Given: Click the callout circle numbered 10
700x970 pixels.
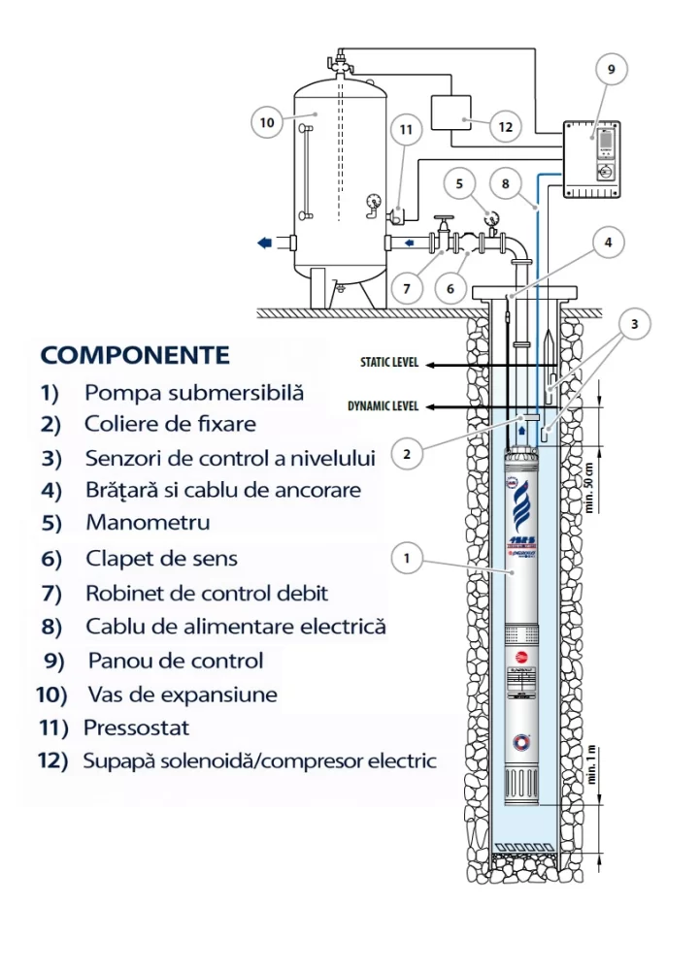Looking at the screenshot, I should pos(266,122).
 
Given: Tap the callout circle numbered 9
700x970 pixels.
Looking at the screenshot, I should pos(611,70).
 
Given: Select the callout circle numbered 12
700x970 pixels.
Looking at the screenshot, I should pos(505,126).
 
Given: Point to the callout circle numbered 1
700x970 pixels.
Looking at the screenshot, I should pos(407,558).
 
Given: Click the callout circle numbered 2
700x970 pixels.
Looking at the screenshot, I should pos(408,452).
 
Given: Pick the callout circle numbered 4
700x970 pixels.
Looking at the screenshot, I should pos(609,242).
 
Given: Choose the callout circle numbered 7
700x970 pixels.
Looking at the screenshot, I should pos(408,288).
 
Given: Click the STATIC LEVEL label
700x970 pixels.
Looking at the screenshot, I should pos(388,364).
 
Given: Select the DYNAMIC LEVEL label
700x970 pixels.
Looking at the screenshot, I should pos(383,406).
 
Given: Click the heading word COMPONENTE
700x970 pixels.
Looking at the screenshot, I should pos(135,354).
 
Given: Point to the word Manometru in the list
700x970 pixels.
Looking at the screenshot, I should pos(148,523).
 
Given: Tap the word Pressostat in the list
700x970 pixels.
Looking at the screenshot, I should pos(137,727).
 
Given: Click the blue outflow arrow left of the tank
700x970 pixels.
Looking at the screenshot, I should pos(264,242).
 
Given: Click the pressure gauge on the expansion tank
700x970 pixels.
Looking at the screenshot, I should pos(374,203).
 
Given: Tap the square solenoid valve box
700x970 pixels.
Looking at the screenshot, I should pos(448,114).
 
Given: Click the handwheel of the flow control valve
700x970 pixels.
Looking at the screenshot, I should pos(444,219).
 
